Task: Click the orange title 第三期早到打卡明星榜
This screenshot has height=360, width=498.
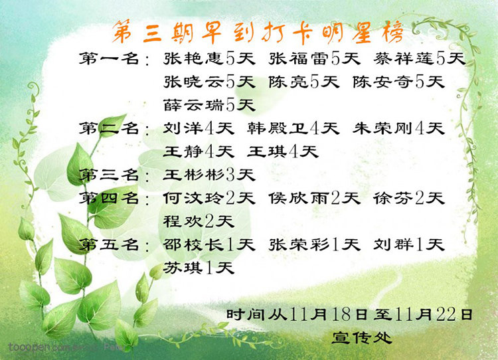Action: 258,33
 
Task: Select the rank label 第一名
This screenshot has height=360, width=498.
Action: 109,58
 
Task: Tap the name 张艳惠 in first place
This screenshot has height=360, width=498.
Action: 194,58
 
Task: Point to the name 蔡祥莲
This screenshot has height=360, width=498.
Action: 404,58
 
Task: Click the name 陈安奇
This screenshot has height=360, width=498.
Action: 383,82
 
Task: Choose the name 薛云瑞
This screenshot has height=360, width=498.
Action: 194,105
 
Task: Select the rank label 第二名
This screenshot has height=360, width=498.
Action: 109,128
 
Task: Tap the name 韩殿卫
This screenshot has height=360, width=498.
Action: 278,128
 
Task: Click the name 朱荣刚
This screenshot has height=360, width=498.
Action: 383,128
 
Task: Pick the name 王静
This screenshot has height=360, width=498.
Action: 183,151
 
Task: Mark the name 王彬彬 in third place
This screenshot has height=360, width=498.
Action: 194,175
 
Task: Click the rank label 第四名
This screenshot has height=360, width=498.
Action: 109,199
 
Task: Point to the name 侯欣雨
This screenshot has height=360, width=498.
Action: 299,199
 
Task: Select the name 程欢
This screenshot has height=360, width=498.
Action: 183,221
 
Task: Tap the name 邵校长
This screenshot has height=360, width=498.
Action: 194,244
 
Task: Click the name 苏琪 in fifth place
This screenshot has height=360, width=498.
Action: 183,268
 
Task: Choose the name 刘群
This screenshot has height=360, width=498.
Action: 394,244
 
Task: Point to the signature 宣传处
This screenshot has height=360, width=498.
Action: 362,338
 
